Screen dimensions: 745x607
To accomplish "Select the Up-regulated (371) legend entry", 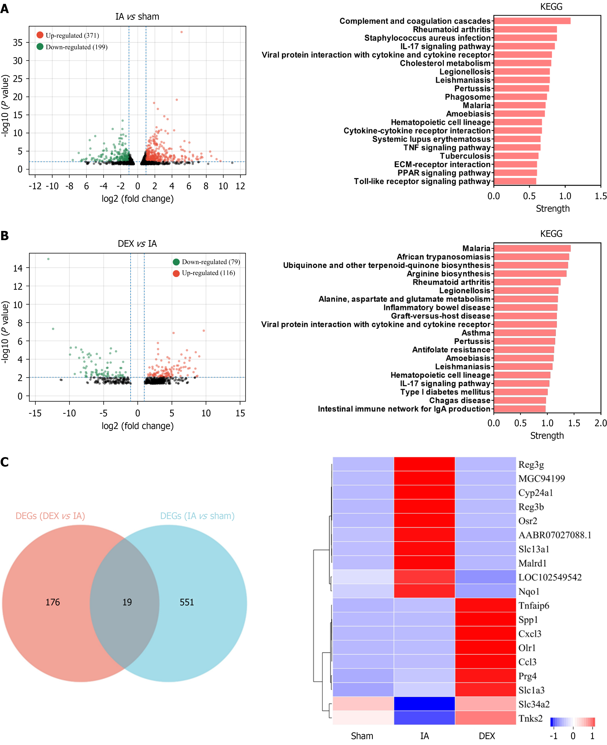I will (68, 35).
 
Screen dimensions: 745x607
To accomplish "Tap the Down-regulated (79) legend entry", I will (206, 262).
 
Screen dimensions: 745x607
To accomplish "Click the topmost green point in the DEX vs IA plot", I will (48, 259).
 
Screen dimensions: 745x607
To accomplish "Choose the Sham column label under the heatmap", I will (362, 736).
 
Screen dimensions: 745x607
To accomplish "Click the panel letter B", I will (5, 236).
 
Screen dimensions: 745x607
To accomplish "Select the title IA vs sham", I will (137, 17).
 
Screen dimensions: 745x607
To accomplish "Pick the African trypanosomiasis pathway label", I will (443, 257).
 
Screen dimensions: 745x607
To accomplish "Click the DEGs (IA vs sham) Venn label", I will (197, 516).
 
